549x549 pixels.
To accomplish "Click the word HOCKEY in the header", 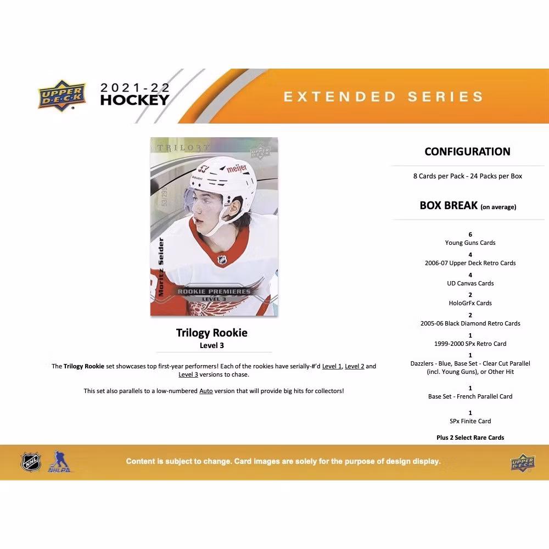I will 135,100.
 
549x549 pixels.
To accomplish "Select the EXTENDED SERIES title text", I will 383,97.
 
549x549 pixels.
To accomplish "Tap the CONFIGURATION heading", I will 467,152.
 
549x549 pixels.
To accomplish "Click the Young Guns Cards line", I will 470,243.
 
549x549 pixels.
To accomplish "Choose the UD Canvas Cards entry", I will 470,283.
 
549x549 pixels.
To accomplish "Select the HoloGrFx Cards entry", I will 470,303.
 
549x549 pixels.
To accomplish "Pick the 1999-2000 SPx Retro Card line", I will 470,344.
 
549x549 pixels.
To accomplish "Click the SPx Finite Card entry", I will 470,421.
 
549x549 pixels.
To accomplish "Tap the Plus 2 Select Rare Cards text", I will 470,438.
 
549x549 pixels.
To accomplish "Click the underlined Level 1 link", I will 332,366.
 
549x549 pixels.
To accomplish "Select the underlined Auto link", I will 206,391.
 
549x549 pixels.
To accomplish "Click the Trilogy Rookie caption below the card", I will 211,333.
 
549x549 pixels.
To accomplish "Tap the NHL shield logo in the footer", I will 31,462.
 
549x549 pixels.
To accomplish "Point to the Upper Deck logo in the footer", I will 523,463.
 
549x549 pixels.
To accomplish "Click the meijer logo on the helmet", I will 237,169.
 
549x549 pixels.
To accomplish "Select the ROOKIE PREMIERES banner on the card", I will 214,292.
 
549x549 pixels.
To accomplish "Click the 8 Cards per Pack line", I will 467,176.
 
